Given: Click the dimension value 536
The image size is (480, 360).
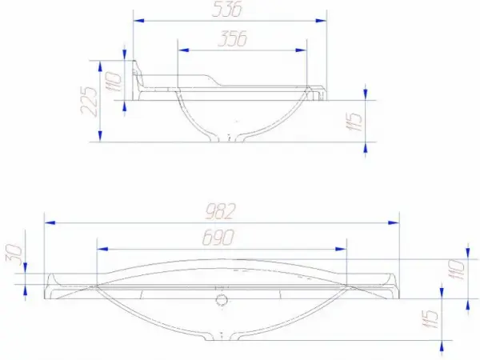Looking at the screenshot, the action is tap(227, 9).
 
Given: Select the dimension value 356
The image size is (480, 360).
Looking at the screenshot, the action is tap(232, 38).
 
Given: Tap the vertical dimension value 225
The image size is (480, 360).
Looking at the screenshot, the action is tap(90, 101).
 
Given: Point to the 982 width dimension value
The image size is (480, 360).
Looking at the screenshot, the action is tap(221, 211).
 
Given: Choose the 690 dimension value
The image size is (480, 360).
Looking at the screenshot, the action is tap(218, 238).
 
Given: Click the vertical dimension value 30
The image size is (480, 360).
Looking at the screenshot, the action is tap(14, 254).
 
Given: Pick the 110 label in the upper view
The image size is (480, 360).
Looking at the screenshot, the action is tap(114, 82).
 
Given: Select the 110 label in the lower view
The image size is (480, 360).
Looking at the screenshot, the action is tap(456, 270).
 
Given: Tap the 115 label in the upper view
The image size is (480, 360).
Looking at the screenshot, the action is tap(354, 122).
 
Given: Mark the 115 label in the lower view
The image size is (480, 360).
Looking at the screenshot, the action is tap(430, 319).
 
